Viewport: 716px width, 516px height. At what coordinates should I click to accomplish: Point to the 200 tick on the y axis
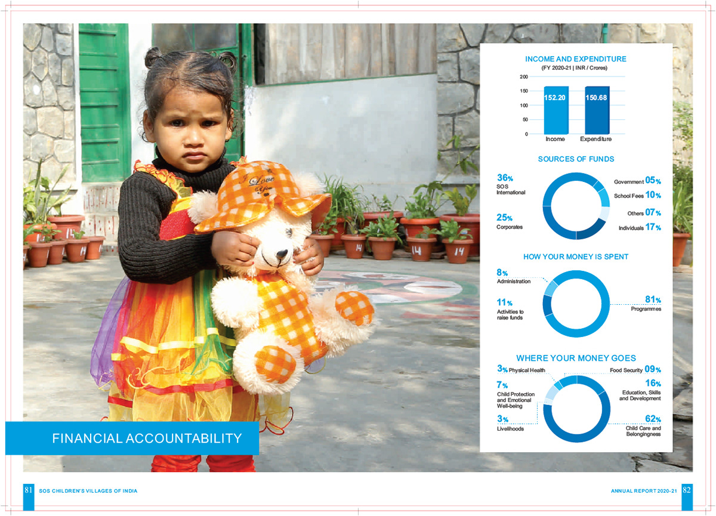(524, 77)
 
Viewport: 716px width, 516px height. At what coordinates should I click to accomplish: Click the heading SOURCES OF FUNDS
(576, 159)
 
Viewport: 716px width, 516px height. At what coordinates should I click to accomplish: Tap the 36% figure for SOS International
(504, 178)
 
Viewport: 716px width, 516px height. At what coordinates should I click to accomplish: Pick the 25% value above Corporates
(504, 218)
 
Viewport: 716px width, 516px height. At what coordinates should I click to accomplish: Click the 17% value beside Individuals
(653, 227)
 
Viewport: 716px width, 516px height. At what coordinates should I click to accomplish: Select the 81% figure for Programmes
(653, 299)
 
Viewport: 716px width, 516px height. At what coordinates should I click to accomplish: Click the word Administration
(513, 282)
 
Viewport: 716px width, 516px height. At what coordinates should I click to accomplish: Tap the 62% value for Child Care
(653, 419)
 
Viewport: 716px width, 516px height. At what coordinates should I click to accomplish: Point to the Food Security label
(626, 370)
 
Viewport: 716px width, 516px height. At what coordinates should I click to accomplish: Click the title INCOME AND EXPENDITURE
(576, 59)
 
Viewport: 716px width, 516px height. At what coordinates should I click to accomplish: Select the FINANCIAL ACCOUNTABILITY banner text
(147, 438)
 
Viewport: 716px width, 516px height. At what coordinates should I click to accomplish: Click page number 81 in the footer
(28, 490)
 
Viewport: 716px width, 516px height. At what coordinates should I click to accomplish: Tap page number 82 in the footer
(687, 490)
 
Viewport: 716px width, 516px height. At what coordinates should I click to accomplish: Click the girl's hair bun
(153, 57)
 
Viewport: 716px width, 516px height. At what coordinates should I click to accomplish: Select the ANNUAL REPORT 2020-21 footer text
(644, 491)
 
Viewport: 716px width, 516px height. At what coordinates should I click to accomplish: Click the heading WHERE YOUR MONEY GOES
(576, 359)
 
